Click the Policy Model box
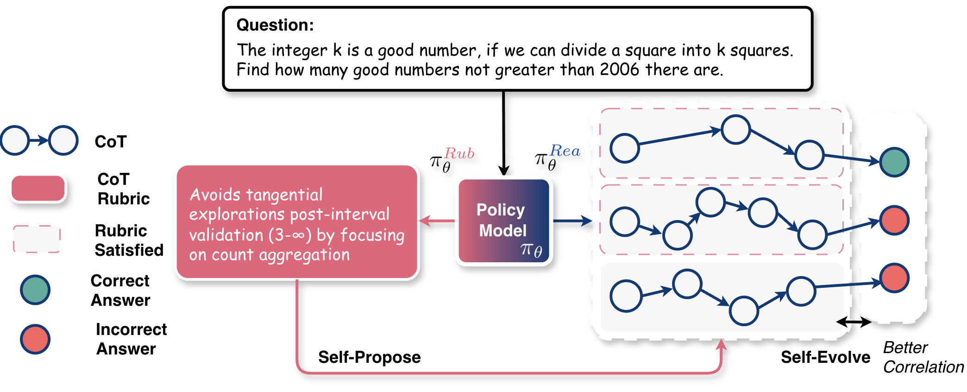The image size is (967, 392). pyautogui.click(x=503, y=221)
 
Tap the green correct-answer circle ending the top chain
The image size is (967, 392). pyautogui.click(x=894, y=162)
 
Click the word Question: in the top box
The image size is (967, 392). pyautogui.click(x=275, y=25)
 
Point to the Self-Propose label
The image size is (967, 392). pyautogui.click(x=369, y=357)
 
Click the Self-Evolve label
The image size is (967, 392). pyautogui.click(x=825, y=357)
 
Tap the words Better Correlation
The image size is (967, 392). pyautogui.click(x=923, y=357)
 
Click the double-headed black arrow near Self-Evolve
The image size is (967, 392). pyautogui.click(x=854, y=322)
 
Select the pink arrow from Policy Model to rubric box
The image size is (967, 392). pyautogui.click(x=437, y=221)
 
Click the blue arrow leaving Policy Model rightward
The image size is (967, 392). pyautogui.click(x=572, y=221)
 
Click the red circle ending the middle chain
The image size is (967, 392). pyautogui.click(x=894, y=221)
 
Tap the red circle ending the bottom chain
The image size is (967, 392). pyautogui.click(x=894, y=278)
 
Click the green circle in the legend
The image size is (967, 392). pyautogui.click(x=35, y=290)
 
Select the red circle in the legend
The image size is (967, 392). pyautogui.click(x=35, y=339)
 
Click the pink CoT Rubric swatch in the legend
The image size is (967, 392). pyautogui.click(x=38, y=189)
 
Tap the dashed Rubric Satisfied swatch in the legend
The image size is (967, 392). pyautogui.click(x=37, y=239)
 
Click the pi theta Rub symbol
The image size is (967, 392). pyautogui.click(x=452, y=159)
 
